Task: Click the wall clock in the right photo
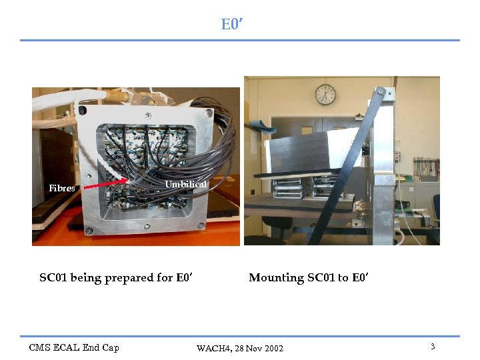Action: (325, 94)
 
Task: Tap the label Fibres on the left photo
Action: (62, 189)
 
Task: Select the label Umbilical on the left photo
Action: (185, 184)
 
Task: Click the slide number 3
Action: (433, 347)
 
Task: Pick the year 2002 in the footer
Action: (273, 349)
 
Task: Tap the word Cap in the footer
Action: (111, 347)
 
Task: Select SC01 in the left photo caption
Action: (53, 278)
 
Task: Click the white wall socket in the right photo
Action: (397, 157)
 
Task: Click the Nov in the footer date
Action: (254, 349)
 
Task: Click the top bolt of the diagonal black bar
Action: (380, 91)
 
